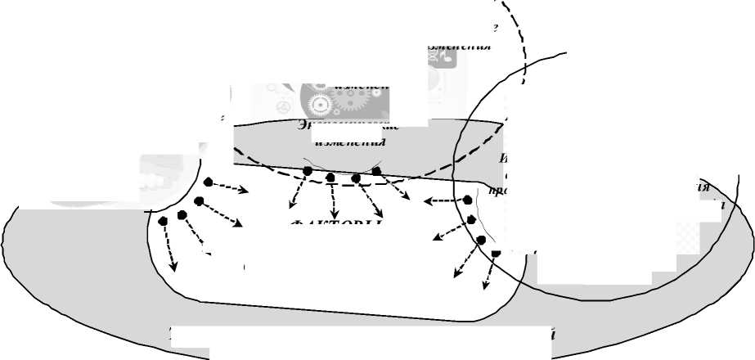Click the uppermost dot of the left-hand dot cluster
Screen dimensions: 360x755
click(x=209, y=182)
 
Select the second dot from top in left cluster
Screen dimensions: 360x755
click(x=199, y=201)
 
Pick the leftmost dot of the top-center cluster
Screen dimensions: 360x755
click(x=307, y=171)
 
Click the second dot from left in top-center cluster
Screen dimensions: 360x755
click(x=330, y=177)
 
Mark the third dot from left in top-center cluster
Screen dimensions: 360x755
click(x=356, y=178)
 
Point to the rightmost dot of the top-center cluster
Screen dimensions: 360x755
click(x=376, y=171)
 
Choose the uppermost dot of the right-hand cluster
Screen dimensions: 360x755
click(x=467, y=199)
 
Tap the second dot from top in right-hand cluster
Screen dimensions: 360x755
click(x=472, y=219)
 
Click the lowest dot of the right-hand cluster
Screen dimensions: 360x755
click(x=496, y=253)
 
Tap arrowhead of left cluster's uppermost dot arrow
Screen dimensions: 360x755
click(x=246, y=191)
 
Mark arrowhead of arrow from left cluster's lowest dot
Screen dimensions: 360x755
click(x=173, y=268)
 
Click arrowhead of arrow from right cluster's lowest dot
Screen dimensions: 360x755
click(x=486, y=290)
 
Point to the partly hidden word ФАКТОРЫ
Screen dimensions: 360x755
click(x=334, y=225)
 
